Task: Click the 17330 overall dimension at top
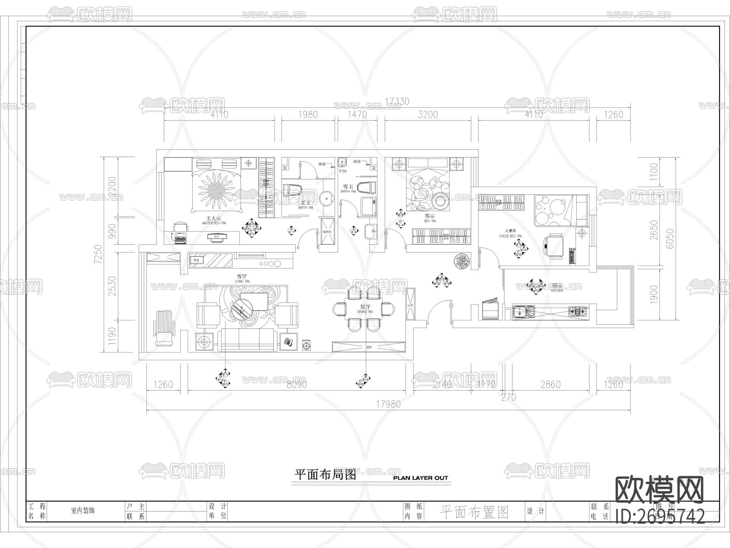(397, 101)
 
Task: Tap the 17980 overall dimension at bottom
(388, 404)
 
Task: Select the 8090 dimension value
(296, 384)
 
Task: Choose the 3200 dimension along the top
(427, 114)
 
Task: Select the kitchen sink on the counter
(523, 312)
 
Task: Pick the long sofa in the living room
(248, 340)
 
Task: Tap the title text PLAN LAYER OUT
(421, 478)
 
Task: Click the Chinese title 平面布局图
(325, 475)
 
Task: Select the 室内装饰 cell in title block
(83, 511)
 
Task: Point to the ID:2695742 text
(660, 517)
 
